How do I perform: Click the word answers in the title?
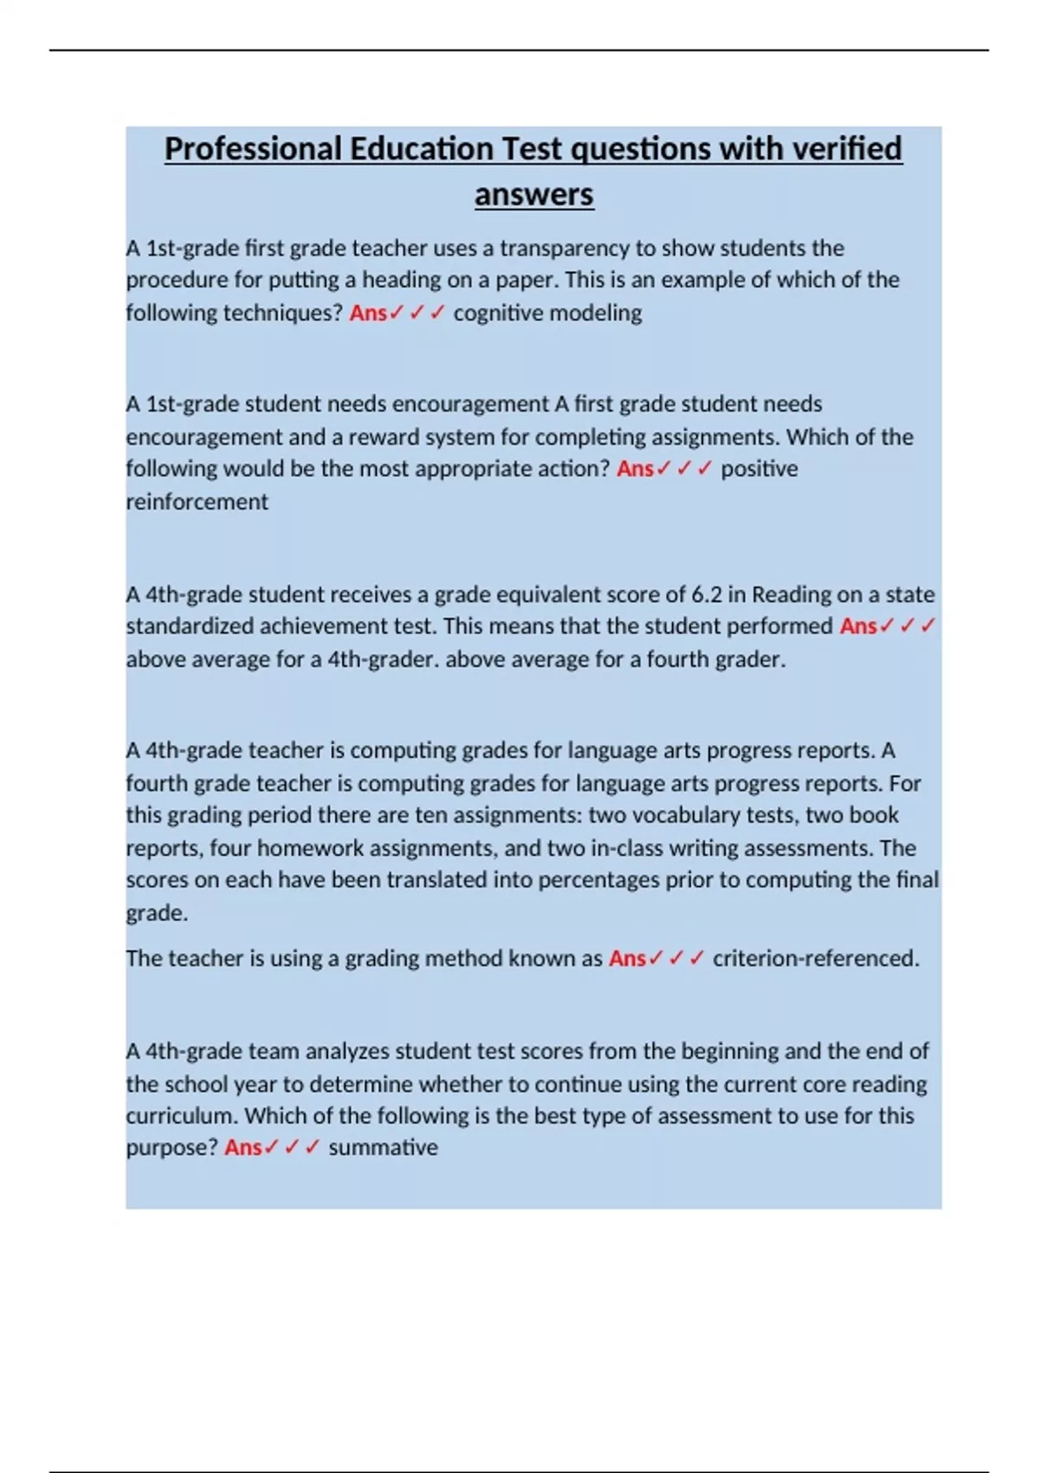[533, 194]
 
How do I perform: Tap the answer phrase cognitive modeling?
[547, 313]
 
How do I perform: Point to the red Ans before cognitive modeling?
[368, 313]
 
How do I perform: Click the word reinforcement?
[197, 502]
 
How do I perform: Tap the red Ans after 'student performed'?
[858, 626]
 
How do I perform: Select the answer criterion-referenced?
[815, 958]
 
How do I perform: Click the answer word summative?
[383, 1148]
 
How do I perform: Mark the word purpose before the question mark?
[167, 1148]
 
